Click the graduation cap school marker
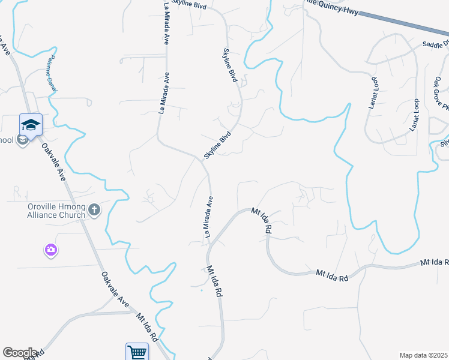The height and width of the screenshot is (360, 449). click(x=31, y=124)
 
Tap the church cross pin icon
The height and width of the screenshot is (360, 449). click(x=94, y=210)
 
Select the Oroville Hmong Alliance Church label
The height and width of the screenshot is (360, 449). click(x=56, y=211)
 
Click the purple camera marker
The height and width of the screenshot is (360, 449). click(x=51, y=249)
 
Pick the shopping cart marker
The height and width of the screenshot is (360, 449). click(x=137, y=352)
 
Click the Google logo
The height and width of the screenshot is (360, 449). click(x=20, y=353)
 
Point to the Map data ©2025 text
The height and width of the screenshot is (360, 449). click(x=423, y=355)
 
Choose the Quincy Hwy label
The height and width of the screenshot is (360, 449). click(x=333, y=8)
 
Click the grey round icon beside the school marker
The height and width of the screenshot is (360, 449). click(x=22, y=140)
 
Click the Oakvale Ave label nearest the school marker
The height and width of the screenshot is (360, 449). click(x=53, y=163)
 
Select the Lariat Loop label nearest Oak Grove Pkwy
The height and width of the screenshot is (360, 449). click(x=415, y=115)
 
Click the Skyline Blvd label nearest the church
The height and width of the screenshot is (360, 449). click(x=217, y=146)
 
